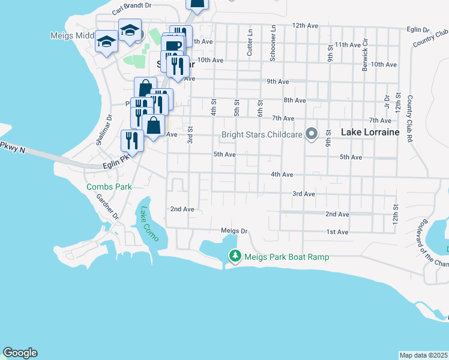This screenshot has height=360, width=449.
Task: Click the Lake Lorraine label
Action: [x=370, y=132]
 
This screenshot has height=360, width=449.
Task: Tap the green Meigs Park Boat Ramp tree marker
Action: [x=235, y=257]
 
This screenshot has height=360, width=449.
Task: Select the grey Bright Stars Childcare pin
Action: [x=312, y=134]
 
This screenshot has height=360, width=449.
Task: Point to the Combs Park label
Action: [x=109, y=187]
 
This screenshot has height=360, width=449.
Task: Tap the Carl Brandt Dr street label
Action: [x=133, y=11]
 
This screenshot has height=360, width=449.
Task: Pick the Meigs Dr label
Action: [x=234, y=230]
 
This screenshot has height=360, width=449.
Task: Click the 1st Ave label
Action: [x=337, y=232]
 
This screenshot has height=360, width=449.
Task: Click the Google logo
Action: [x=20, y=353]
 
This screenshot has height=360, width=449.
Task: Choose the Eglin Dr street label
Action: [x=418, y=29]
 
